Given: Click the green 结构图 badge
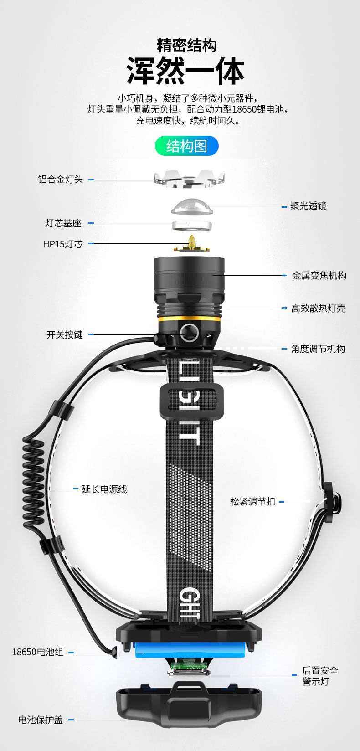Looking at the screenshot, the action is coord(187,146).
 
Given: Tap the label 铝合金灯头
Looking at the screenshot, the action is coord(60,180).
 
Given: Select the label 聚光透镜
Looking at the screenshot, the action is coord(309,206).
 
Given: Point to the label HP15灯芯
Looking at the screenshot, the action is coord(63,244).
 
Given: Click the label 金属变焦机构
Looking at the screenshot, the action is coord(319,276).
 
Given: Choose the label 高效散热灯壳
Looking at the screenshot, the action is coord(318,309).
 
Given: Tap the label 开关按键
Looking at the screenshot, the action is coord(65,335).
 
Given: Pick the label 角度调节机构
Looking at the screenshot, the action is coord(318,349).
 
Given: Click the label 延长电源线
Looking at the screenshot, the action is coord(104,489).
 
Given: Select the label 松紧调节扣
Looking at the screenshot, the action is coord(252,502).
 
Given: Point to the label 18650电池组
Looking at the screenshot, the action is coord(37,652).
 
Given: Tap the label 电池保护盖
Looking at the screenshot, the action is coord(41,720).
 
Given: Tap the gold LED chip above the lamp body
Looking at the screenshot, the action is coord(192,243).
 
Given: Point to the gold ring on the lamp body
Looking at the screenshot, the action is coord(189,319).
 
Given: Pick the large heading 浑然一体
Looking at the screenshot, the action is coord(185,71).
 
